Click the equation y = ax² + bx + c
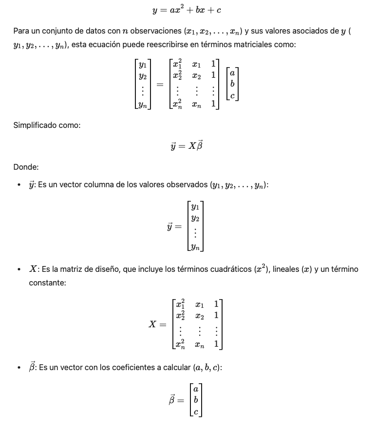187,10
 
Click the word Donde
26,167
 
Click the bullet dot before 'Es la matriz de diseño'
19,269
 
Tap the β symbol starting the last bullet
33,367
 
